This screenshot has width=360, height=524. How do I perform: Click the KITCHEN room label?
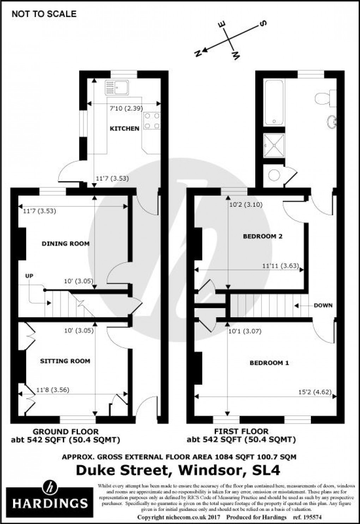(x=125, y=128)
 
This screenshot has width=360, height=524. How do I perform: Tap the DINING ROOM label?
(x=66, y=243)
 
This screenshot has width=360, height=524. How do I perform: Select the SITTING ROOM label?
(x=65, y=361)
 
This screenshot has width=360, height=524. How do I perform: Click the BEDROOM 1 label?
(x=269, y=363)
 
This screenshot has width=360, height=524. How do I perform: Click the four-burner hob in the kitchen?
(x=152, y=120)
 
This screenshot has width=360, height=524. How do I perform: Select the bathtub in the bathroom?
(x=274, y=102)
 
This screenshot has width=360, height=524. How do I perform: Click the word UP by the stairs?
(x=29, y=276)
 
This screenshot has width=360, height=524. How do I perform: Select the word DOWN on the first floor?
(x=323, y=305)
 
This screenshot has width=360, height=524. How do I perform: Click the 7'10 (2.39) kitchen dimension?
(x=124, y=109)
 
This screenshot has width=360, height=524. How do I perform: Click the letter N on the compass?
(x=198, y=53)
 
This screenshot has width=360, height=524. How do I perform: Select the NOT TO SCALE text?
(x=44, y=14)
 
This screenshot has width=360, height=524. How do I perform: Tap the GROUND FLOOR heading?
(x=66, y=431)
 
